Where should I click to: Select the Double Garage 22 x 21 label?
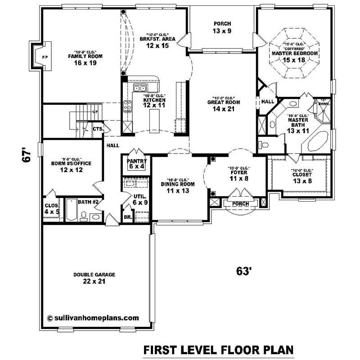95,278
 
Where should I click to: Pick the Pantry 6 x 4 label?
135,163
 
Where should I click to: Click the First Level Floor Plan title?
218,350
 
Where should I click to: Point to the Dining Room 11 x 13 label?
178,187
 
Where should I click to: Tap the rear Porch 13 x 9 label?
222,27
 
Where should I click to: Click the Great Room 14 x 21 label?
224,105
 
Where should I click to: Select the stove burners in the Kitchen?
127,106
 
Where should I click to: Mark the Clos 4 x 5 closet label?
52,208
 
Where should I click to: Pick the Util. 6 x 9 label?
139,199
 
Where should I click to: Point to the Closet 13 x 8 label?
302,177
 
